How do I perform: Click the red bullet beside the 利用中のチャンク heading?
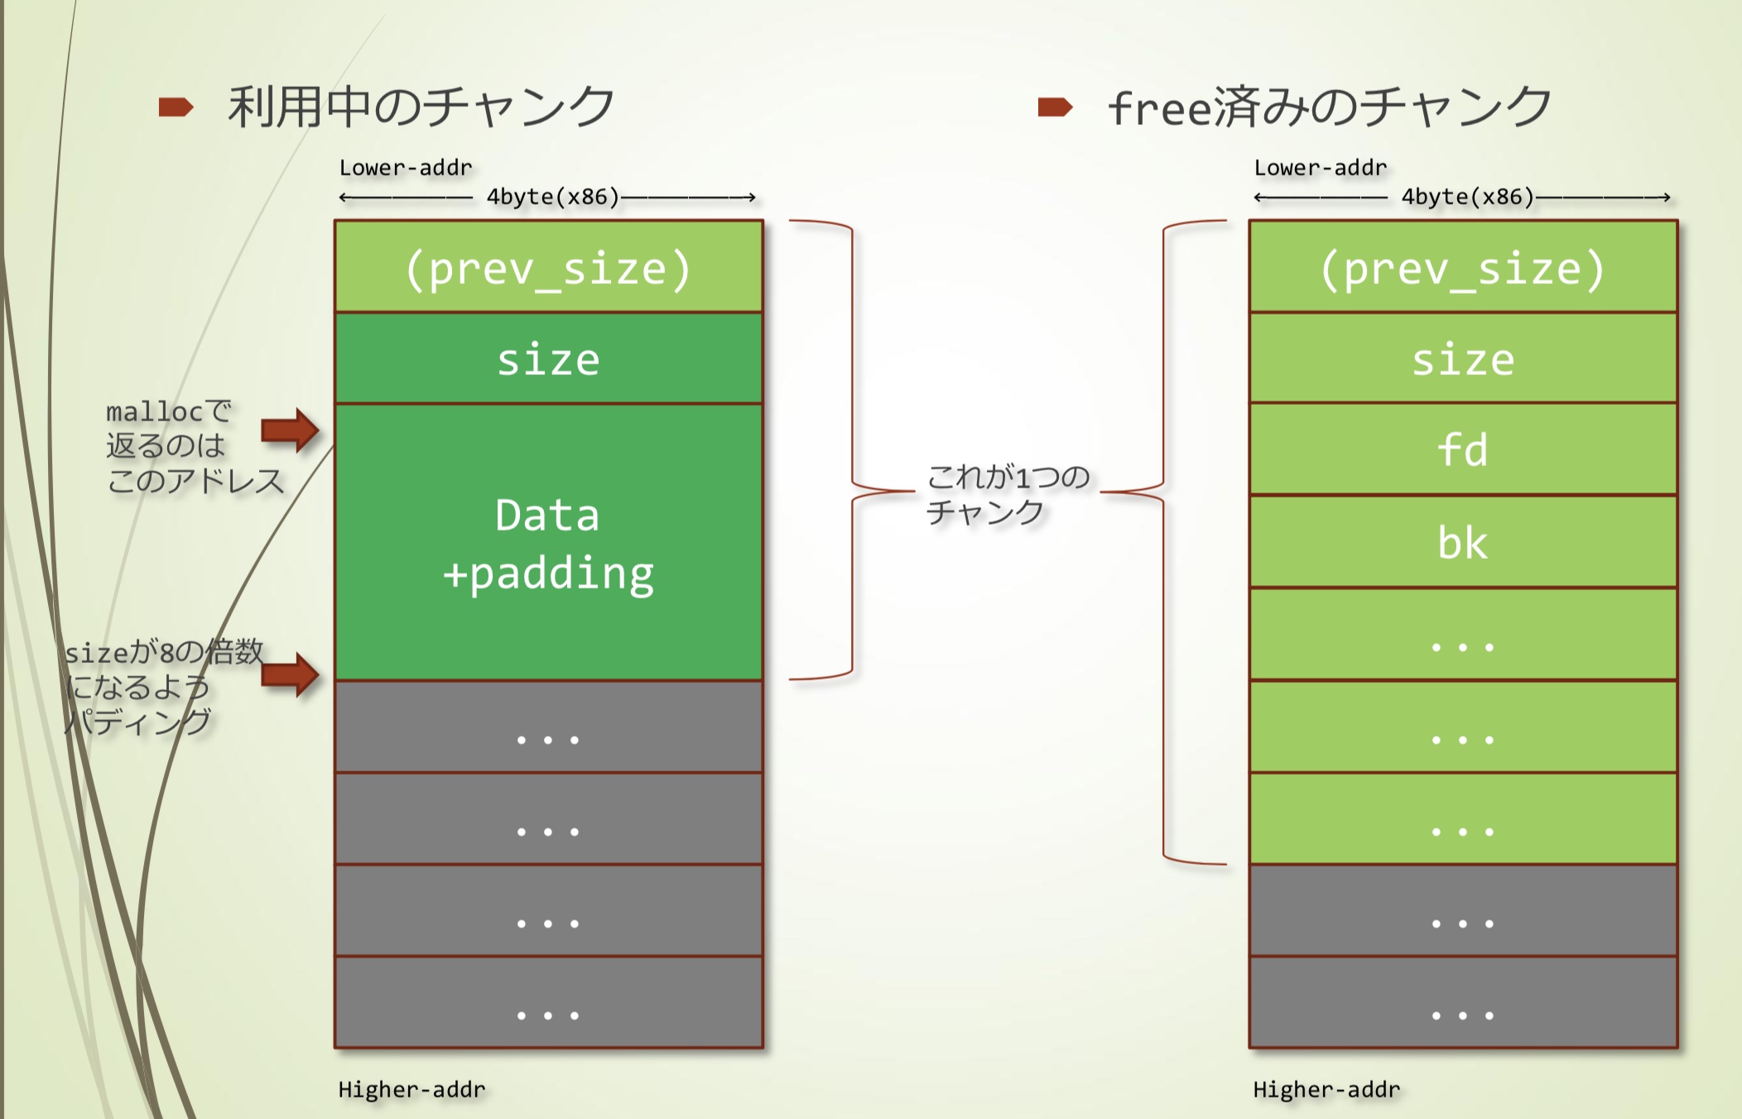[176, 107]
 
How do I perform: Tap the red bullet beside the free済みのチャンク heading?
[1055, 107]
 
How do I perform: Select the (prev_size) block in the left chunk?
[548, 267]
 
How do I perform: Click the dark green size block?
[548, 359]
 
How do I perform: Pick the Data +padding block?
[548, 542]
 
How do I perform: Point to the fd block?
[1463, 450]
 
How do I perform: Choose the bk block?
[1463, 543]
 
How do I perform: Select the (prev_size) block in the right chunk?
[1463, 267]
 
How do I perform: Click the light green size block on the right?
[1463, 359]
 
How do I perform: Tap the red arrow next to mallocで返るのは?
[290, 430]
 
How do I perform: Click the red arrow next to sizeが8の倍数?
[290, 674]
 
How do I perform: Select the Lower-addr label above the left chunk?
[406, 168]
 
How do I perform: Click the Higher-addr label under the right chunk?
[1326, 1089]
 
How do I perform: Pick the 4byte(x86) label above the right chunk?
[1467, 197]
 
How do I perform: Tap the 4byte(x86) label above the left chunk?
[552, 197]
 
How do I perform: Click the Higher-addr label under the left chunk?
[411, 1089]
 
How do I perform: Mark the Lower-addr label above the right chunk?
[1321, 168]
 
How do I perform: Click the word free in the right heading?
[1159, 108]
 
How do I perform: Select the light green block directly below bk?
[1463, 635]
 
